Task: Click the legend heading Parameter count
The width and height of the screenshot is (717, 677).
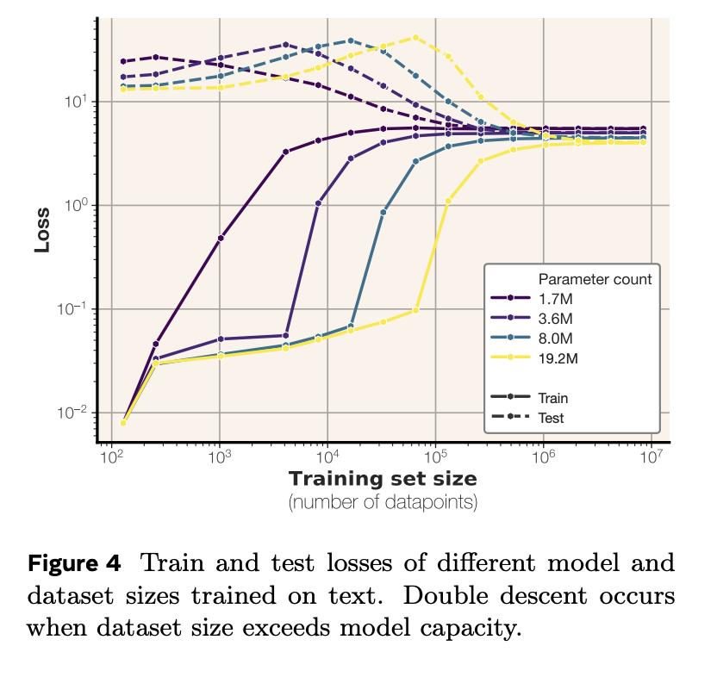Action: pyautogui.click(x=595, y=279)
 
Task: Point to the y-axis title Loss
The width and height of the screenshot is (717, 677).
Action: pyautogui.click(x=42, y=228)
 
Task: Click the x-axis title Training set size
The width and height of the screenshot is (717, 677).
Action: pyautogui.click(x=383, y=478)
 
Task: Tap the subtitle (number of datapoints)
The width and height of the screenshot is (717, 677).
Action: pyautogui.click(x=383, y=501)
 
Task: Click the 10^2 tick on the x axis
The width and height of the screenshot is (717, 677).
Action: pyautogui.click(x=111, y=457)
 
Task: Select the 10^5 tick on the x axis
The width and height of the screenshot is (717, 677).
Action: pyautogui.click(x=435, y=457)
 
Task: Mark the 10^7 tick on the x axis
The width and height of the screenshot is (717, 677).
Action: pyautogui.click(x=651, y=457)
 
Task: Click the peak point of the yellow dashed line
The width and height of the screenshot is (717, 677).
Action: pyautogui.click(x=415, y=38)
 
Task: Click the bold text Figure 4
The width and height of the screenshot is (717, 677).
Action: pyautogui.click(x=75, y=564)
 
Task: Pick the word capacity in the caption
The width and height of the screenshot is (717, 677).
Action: pyautogui.click(x=475, y=628)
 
